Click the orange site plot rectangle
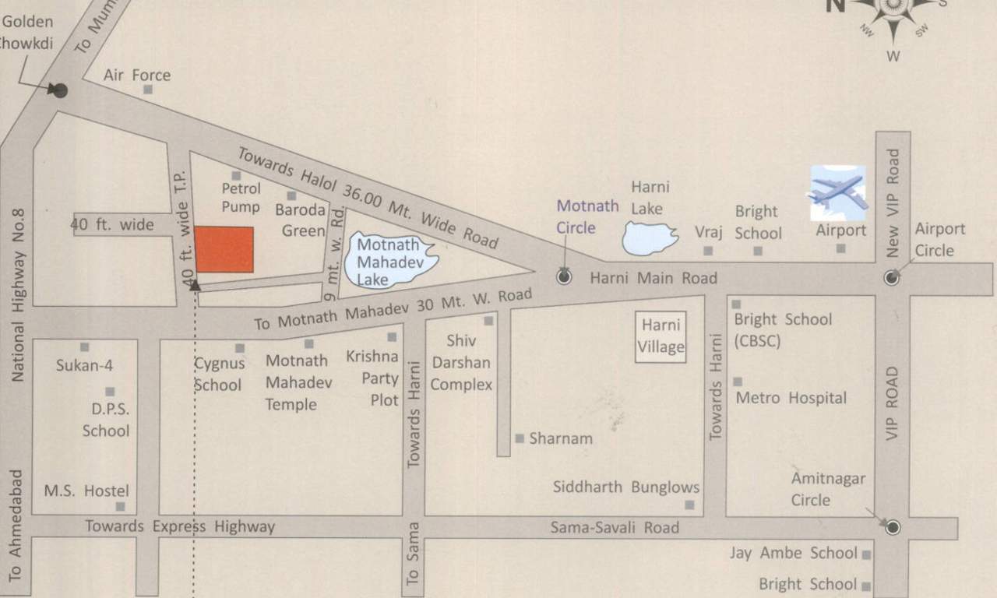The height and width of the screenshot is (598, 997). tap(224, 249)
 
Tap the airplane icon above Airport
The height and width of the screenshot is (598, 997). tap(838, 192)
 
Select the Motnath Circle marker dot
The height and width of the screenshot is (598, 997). tap(565, 276)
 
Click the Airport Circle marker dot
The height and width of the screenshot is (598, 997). tap(892, 278)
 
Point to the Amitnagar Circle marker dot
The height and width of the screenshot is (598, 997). tap(893, 527)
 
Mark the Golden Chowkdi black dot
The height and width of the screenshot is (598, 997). tap(60, 90)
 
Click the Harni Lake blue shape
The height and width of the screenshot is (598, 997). tap(650, 237)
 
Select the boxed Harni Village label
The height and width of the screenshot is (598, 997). tap(661, 337)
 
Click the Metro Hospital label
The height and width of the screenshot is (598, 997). tap(791, 398)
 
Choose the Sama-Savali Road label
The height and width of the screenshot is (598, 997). tap(615, 527)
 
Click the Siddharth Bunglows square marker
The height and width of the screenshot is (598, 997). tap(689, 505)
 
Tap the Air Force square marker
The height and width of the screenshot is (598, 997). tap(147, 90)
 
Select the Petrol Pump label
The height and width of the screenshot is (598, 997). tap(241, 197)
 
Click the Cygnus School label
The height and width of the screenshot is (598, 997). tap(219, 374)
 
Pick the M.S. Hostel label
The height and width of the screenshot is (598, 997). tap(86, 491)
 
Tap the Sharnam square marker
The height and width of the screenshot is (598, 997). tap(520, 438)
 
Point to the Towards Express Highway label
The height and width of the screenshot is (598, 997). tap(180, 526)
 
